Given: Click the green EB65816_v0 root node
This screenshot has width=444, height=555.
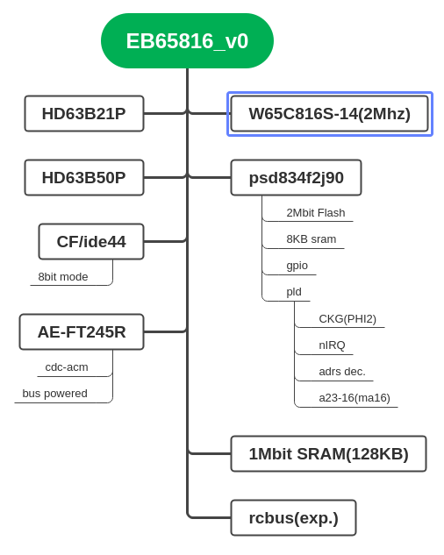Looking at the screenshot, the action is (187, 40).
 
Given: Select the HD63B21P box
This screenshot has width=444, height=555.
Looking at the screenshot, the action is (84, 114).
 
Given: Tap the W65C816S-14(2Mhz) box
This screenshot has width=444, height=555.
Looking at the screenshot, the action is (330, 114).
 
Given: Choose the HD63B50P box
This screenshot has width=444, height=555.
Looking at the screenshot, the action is (84, 178).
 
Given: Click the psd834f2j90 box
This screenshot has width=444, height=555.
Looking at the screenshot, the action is (297, 178).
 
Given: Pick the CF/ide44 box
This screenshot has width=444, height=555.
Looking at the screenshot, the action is (91, 242).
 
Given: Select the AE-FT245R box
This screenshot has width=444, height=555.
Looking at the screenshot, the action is (82, 332).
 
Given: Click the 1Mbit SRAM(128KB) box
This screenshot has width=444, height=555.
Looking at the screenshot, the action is (328, 454).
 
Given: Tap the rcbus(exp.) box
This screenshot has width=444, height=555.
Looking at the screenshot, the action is (293, 518).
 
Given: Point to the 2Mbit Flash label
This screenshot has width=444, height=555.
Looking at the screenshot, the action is (316, 213).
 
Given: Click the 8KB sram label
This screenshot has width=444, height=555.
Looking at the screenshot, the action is (312, 239).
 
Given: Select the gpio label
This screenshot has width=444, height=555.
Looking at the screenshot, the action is (297, 266).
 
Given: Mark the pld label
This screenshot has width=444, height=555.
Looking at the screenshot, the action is (294, 292).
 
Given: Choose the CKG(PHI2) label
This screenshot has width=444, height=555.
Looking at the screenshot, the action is (347, 319).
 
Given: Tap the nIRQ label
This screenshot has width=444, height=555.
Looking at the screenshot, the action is (332, 345).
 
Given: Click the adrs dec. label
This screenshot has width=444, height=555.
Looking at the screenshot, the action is (342, 372).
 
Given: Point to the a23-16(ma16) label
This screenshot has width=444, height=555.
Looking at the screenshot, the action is (354, 398).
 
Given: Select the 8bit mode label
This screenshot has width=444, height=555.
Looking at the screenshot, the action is (63, 277).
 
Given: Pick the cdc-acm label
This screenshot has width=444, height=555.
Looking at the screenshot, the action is (67, 367).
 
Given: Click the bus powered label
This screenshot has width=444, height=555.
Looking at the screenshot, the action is (55, 394).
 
